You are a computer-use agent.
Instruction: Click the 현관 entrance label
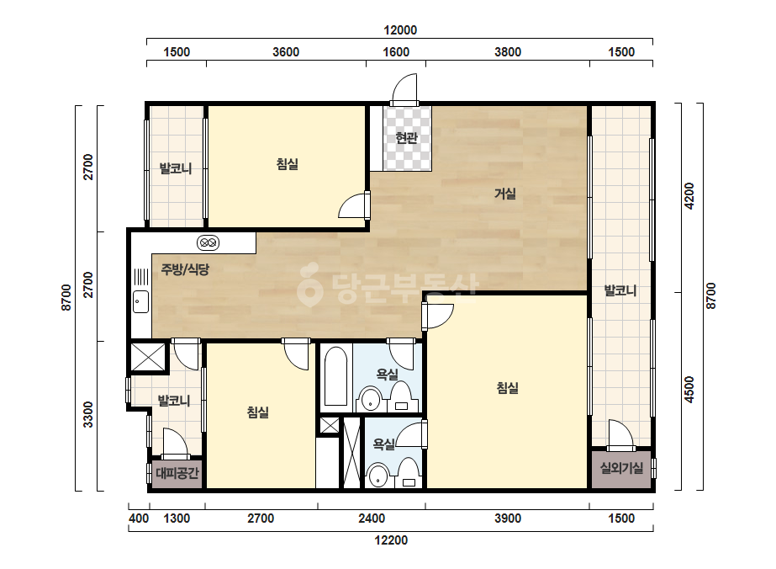(x=406, y=138)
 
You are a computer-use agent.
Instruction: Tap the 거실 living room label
(x=504, y=194)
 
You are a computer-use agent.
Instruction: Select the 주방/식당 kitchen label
(x=185, y=269)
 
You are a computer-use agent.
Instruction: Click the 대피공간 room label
(x=177, y=473)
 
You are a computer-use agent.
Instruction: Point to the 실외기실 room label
(x=621, y=467)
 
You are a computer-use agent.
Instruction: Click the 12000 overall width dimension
(x=400, y=30)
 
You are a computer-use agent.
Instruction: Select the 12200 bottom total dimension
(x=391, y=540)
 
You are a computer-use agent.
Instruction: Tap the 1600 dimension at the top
(x=397, y=52)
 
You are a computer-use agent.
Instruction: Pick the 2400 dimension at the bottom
(x=372, y=518)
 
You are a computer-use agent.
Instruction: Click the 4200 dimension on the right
(x=689, y=196)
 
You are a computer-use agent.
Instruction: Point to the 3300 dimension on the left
(x=88, y=415)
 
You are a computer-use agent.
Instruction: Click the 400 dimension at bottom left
(x=139, y=518)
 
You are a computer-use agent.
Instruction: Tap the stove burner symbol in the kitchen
(x=208, y=243)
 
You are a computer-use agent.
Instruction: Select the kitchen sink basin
(x=140, y=301)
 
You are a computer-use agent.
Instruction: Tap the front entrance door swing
(x=404, y=89)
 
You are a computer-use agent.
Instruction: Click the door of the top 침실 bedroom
(x=353, y=205)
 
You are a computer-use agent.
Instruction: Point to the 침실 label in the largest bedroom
(x=507, y=387)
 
